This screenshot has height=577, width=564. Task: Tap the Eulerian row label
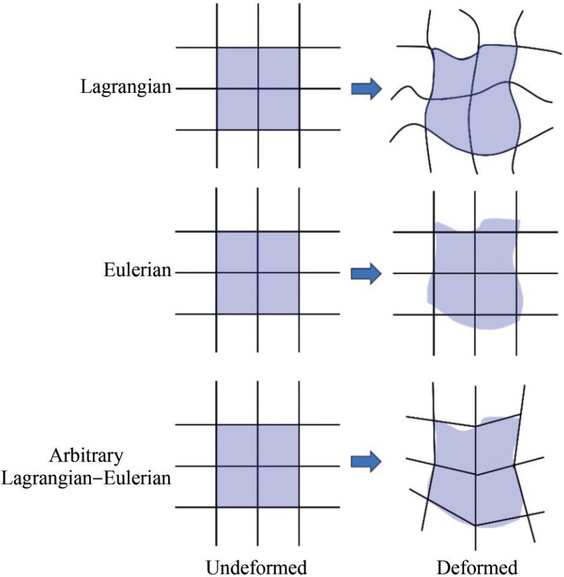click(x=137, y=271)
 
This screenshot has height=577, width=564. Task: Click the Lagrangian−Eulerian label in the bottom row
click(x=86, y=478)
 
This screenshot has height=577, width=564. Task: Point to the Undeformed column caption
click(x=257, y=567)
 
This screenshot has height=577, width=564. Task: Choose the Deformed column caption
click(x=477, y=567)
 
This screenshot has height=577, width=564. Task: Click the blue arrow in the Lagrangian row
click(x=366, y=89)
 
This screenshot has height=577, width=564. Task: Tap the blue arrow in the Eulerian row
click(x=366, y=273)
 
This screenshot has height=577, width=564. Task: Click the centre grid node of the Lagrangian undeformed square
click(x=258, y=89)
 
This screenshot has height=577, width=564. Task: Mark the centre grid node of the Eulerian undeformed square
click(x=258, y=272)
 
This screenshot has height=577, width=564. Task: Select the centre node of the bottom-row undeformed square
click(x=258, y=466)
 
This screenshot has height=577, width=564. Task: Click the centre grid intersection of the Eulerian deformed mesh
click(x=475, y=274)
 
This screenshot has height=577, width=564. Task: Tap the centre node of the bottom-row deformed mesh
click(x=475, y=475)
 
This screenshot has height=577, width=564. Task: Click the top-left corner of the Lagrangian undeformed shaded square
click(x=216, y=48)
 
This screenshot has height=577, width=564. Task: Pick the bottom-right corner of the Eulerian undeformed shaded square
click(x=299, y=313)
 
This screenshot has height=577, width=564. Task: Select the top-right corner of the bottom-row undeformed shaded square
click(x=299, y=425)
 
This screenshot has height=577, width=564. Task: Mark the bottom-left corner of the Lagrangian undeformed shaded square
click(x=216, y=130)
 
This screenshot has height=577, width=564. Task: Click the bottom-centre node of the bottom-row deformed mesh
click(x=475, y=525)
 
